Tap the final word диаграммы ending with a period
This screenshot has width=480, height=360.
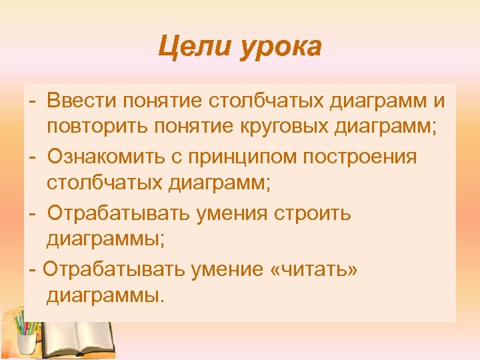coord(105,295)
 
